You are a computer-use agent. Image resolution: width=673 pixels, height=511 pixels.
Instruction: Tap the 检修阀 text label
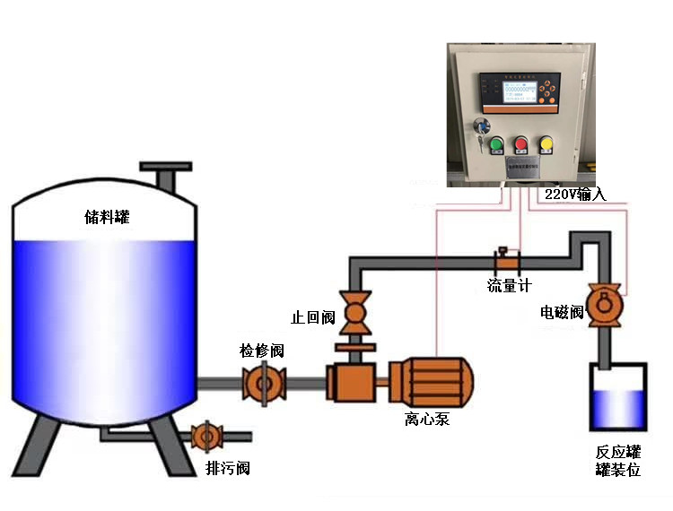[x=261, y=351]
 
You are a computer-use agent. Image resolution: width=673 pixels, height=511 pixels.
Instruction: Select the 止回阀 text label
[x=313, y=318]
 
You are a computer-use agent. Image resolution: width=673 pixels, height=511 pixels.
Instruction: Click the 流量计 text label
[x=509, y=285]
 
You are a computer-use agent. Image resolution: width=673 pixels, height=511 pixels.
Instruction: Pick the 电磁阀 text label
[x=562, y=312]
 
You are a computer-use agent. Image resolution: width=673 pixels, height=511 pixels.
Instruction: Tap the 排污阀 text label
[x=227, y=468]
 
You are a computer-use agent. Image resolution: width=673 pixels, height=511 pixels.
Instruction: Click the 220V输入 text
[x=575, y=194]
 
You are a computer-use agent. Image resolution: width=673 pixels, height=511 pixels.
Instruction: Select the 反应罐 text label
[x=617, y=452]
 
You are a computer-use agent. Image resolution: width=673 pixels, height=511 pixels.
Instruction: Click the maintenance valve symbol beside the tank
[x=264, y=384]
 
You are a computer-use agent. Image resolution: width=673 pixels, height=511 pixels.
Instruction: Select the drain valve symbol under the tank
[x=205, y=437]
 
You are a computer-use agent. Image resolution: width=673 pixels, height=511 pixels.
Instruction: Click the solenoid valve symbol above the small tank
[x=603, y=302]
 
